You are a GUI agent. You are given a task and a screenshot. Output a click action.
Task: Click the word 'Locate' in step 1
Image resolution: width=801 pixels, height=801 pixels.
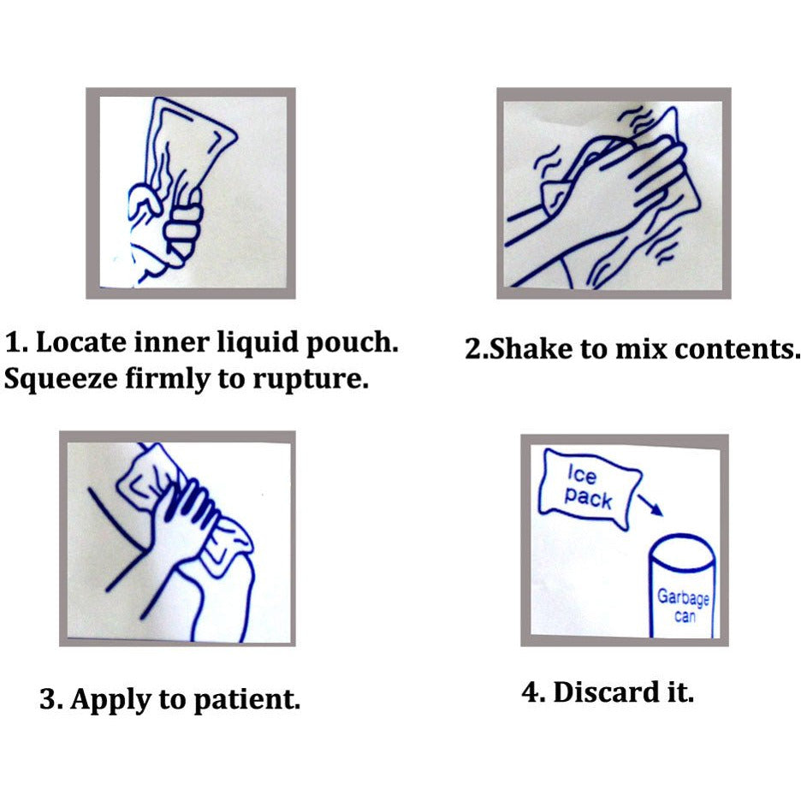pyautogui.click(x=80, y=341)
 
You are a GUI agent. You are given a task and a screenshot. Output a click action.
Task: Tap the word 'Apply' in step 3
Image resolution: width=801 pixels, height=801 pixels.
pyautogui.click(x=111, y=700)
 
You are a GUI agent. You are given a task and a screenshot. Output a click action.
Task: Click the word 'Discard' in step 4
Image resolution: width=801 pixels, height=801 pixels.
pyautogui.click(x=604, y=692)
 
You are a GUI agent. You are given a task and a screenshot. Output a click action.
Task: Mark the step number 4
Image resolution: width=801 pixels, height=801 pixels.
pyautogui.click(x=531, y=692)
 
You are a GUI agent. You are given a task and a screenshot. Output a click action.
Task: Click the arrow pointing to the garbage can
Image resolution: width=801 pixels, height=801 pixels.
pyautogui.click(x=650, y=505)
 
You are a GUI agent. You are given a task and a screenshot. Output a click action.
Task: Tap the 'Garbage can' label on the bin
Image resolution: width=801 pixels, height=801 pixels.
pyautogui.click(x=683, y=607)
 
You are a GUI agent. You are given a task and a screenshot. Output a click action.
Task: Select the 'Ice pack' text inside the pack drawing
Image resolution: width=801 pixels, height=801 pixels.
pyautogui.click(x=587, y=488)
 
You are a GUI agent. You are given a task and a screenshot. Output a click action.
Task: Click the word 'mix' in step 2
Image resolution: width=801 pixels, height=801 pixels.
pyautogui.click(x=641, y=348)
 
